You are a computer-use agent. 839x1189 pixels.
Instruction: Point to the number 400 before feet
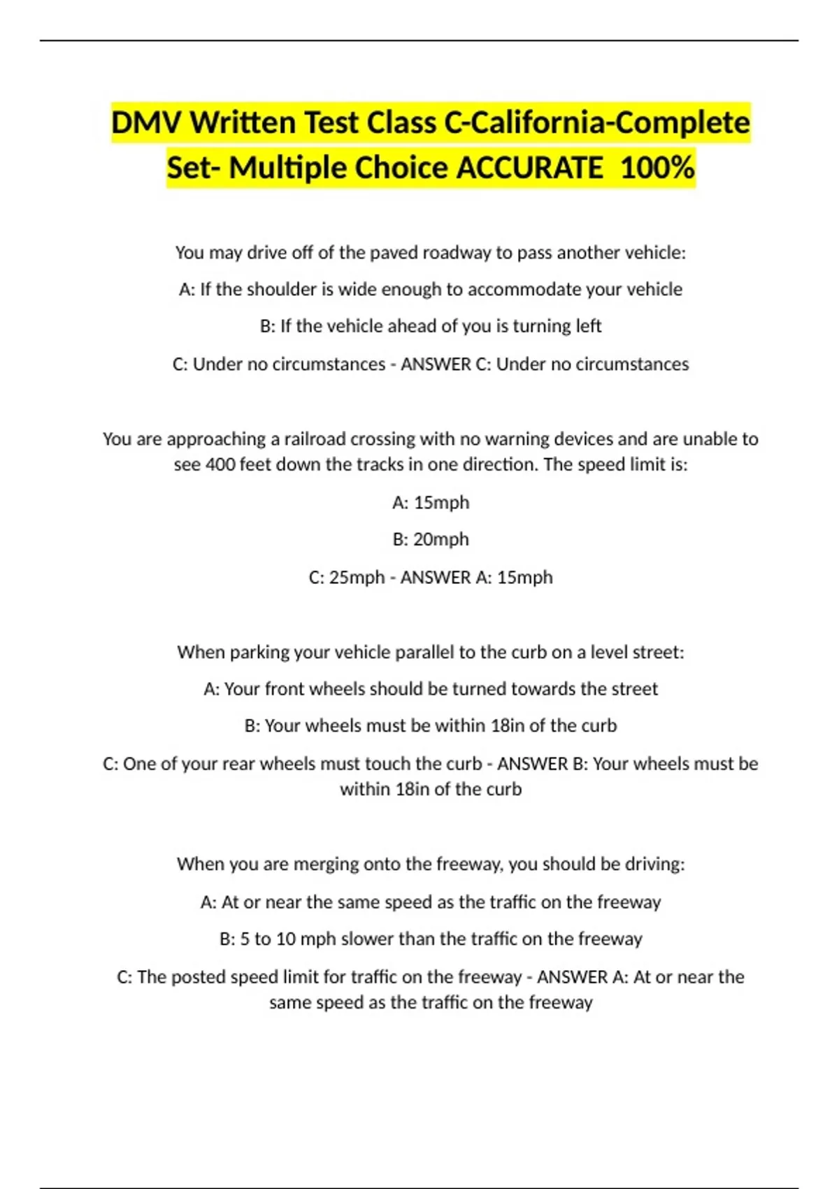pos(220,464)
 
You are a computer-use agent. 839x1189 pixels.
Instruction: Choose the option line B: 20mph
pos(431,539)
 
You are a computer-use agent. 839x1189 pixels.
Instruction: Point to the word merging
pos(322,864)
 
